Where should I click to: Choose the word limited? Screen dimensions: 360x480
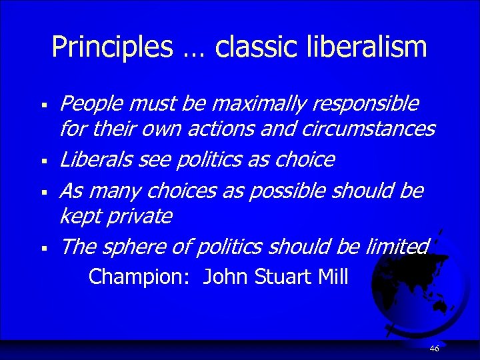397,247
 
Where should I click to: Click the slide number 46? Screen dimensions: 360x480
435,349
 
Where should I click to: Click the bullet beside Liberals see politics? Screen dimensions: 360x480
41,161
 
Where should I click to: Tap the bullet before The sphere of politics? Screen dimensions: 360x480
41,249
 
